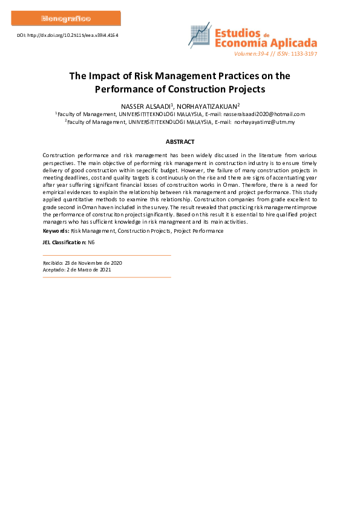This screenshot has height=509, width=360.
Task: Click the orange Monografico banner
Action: click(x=66, y=18)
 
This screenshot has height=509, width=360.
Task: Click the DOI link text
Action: click(x=67, y=36)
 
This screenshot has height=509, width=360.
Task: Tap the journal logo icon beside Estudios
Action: click(x=200, y=37)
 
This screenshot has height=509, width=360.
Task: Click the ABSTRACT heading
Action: click(x=180, y=142)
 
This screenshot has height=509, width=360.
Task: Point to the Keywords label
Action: click(x=56, y=231)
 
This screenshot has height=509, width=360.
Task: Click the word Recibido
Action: click(x=53, y=263)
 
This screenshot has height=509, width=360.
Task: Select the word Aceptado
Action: click(x=53, y=270)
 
